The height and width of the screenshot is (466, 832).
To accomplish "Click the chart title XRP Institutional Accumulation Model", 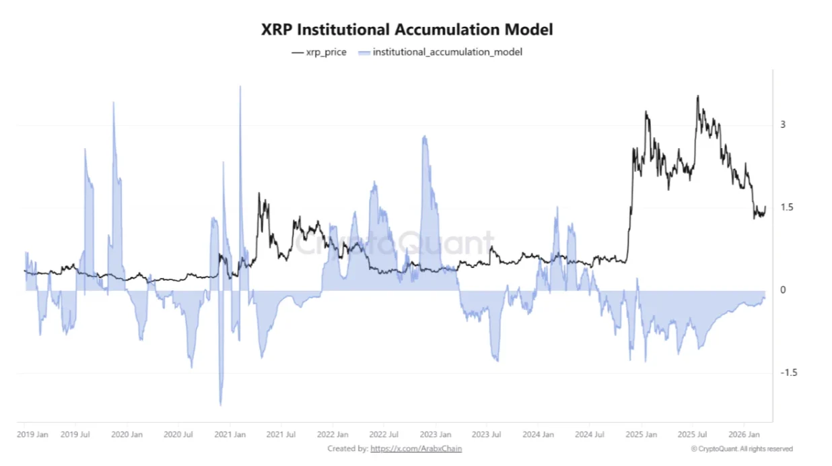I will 407,30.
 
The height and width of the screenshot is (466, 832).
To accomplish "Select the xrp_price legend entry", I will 319,52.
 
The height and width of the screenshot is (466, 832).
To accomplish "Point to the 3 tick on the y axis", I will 783,125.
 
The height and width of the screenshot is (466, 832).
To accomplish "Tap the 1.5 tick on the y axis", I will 786,207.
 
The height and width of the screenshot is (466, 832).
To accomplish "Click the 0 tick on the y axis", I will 783,290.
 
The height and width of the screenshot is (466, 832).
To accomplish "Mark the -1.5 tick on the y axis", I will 788,372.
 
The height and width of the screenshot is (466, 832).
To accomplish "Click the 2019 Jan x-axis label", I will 33,435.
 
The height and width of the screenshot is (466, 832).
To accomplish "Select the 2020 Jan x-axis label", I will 127,435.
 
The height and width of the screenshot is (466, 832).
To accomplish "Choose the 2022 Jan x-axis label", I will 333,435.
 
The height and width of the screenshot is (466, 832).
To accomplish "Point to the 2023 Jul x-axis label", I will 486,435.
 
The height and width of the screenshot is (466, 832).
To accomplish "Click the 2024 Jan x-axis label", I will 539,435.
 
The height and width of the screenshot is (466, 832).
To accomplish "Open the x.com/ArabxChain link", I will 416,448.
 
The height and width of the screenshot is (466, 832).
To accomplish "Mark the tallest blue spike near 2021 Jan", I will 240,88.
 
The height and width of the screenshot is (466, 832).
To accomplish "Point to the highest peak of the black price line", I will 697,96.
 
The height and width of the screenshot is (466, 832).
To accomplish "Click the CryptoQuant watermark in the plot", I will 396,244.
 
